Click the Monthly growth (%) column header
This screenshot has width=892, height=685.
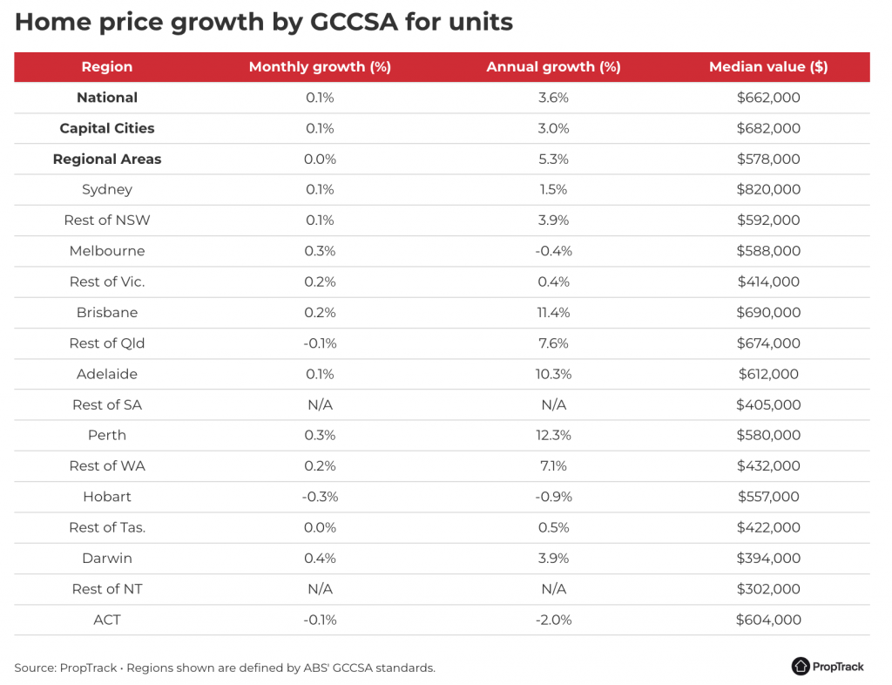[320, 67]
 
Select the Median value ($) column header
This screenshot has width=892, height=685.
[767, 67]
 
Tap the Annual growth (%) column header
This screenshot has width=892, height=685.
[553, 67]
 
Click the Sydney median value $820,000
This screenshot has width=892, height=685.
[767, 190]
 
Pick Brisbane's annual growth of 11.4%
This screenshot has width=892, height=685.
[553, 313]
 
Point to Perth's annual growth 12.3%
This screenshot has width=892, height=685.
[553, 435]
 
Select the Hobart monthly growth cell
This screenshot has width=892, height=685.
[320, 497]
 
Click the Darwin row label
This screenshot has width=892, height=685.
[107, 558]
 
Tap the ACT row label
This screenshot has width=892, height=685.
[107, 620]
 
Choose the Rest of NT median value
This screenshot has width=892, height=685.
[767, 589]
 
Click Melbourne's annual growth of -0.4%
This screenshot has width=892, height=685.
[553, 251]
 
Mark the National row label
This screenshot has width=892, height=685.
[107, 98]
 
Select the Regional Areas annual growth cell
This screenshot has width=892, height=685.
[553, 159]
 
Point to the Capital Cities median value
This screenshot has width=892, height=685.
[767, 128]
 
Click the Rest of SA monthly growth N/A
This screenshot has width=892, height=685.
[320, 404]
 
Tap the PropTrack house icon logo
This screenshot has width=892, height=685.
[801, 666]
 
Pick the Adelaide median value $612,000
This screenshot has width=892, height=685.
[767, 374]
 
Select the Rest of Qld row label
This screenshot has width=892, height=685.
[107, 343]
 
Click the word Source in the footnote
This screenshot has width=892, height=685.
[34, 668]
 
